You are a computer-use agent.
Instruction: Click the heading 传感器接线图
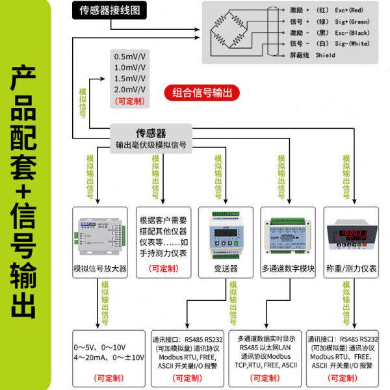point(109,11)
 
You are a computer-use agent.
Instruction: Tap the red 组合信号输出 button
point(201,93)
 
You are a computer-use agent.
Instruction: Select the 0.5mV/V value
point(130,56)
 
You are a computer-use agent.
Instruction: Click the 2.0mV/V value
point(130,89)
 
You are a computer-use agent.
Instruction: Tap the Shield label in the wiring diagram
point(325,55)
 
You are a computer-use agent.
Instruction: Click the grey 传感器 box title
point(150,132)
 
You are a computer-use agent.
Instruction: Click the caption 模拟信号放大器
point(100,268)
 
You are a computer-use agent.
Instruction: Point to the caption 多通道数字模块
point(287,268)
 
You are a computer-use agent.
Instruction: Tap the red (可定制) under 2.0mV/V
point(131,101)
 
